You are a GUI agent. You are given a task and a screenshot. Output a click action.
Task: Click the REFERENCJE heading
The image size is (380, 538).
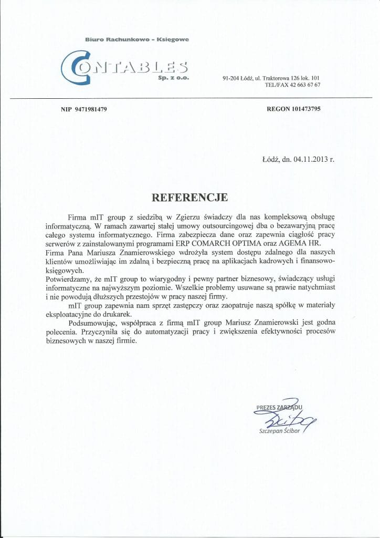point(189,198)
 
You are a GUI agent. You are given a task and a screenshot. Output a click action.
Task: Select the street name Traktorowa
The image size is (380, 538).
point(285,78)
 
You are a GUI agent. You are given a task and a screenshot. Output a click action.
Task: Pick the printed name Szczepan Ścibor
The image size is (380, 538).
point(278,431)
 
